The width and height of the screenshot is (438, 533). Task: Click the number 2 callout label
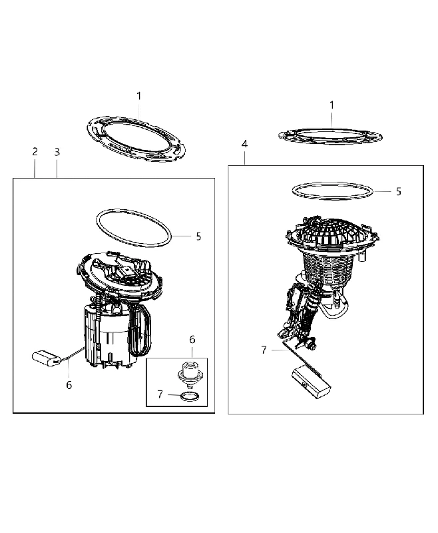coord(35,152)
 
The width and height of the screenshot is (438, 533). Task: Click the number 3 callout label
coord(57,152)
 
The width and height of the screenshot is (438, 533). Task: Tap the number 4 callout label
coord(244,144)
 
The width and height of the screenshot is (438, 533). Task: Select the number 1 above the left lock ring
coord(139,96)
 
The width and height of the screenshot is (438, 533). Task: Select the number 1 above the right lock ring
coord(331,105)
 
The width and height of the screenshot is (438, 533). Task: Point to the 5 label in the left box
coord(198,237)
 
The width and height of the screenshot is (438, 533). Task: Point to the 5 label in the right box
coord(399,192)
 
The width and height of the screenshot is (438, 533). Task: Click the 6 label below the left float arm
coord(69,385)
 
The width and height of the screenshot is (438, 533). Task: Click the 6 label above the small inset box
coord(192,340)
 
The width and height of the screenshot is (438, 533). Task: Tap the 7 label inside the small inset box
coord(160,394)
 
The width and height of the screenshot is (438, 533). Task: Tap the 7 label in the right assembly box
coord(264,350)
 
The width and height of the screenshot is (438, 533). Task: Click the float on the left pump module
coord(46,358)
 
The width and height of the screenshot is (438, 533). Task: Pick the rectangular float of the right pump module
coord(311,382)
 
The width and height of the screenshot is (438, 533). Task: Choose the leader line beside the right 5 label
coord(383,192)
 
